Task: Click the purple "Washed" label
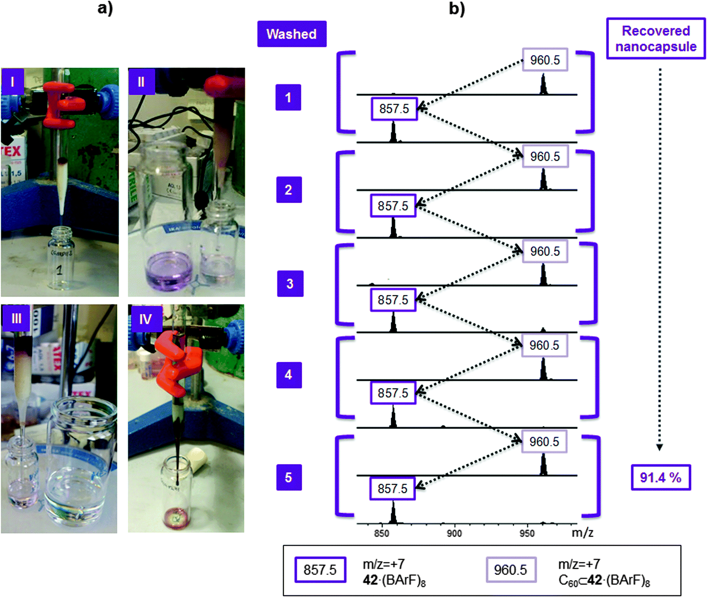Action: point(292,34)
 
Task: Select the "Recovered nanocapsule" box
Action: point(656,39)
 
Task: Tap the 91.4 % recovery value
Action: point(661,477)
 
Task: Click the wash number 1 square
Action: point(288,97)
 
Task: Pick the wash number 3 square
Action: point(290,283)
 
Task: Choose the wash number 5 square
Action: point(289,477)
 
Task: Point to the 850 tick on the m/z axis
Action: point(381,533)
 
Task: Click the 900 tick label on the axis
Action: point(454,533)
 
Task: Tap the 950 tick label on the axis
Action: point(527,533)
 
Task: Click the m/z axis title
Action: point(582,533)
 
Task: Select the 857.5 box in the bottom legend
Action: point(320,570)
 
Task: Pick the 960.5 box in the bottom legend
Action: point(511,570)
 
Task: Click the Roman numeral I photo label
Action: point(12,81)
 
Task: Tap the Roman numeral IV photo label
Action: point(145,319)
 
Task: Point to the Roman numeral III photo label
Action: point(16,318)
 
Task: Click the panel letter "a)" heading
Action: point(105,8)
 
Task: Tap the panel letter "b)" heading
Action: point(457,8)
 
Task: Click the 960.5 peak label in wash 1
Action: point(545,60)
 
